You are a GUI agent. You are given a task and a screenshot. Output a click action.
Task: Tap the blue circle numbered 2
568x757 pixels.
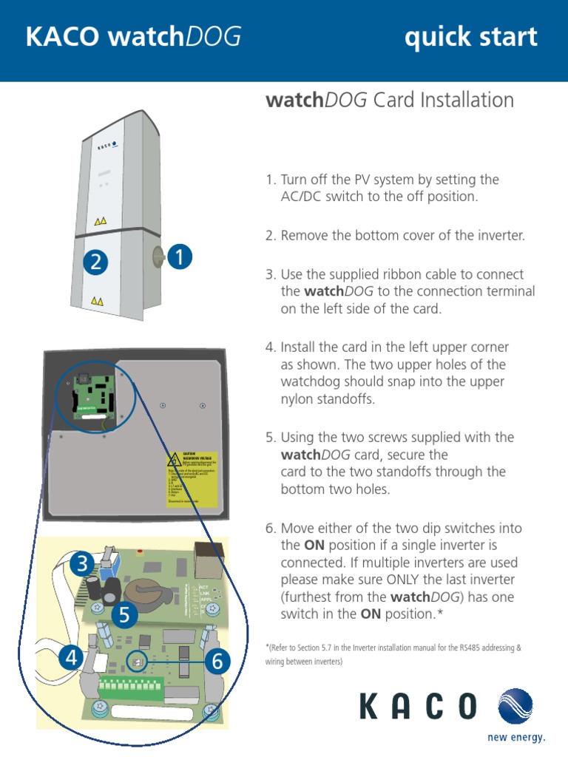click(x=95, y=262)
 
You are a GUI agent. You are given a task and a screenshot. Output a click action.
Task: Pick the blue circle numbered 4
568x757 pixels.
click(x=71, y=657)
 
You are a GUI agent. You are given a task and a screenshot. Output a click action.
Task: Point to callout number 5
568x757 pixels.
click(x=125, y=614)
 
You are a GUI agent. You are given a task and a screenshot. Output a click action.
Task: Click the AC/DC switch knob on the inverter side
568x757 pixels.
click(x=158, y=257)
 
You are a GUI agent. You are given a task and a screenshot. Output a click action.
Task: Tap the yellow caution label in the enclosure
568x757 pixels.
click(x=190, y=479)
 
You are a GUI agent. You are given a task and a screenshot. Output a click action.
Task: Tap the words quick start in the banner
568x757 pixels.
click(x=470, y=38)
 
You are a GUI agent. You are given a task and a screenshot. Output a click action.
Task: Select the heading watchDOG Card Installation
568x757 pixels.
click(x=389, y=100)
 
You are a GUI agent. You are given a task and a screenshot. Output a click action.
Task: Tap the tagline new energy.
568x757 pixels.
click(x=516, y=737)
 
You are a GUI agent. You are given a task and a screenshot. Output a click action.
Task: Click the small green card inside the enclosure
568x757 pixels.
click(x=92, y=397)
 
